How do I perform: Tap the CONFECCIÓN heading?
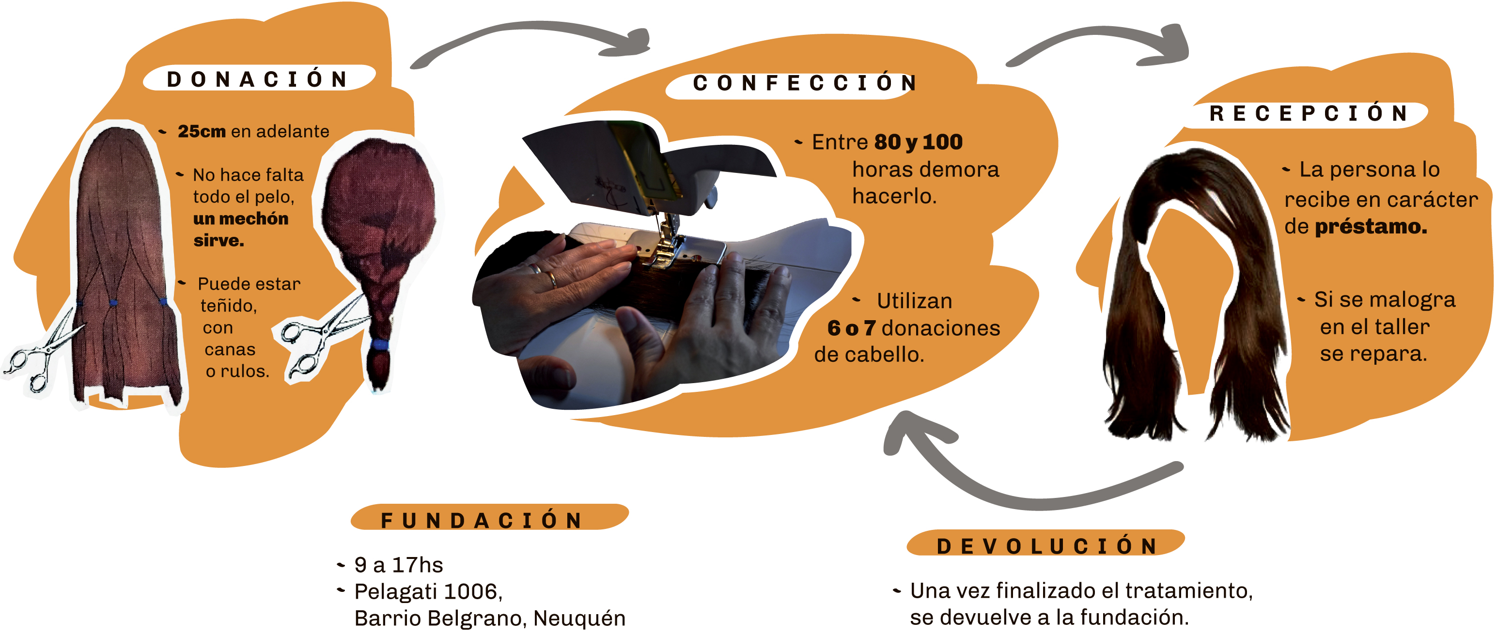pyautogui.click(x=805, y=83)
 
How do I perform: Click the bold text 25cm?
pyautogui.click(x=202, y=131)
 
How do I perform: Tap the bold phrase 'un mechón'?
pyautogui.click(x=241, y=218)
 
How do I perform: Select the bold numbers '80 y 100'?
pyautogui.click(x=918, y=142)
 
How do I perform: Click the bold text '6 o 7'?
pyautogui.click(x=851, y=327)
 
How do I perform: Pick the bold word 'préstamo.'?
pyautogui.click(x=1371, y=226)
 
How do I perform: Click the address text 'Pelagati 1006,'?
pyautogui.click(x=428, y=591)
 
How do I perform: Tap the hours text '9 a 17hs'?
pyautogui.click(x=399, y=565)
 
